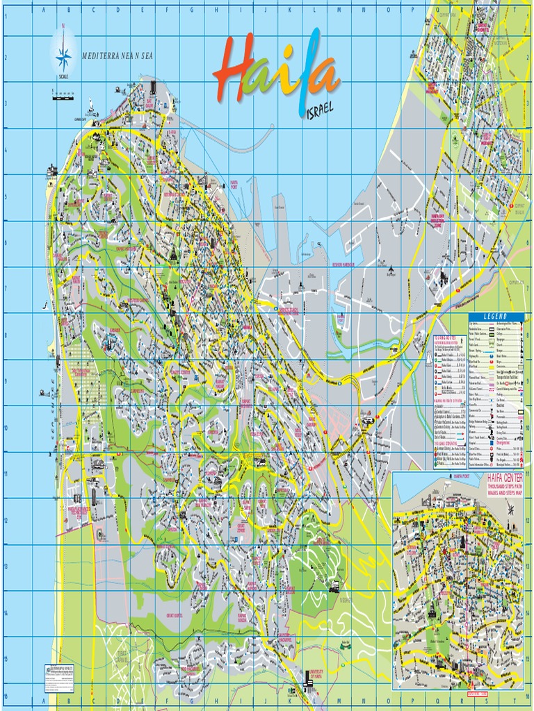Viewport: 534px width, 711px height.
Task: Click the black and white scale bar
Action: coord(63,97)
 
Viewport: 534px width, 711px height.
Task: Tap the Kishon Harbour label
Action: coord(343,265)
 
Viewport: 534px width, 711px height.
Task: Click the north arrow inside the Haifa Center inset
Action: coord(512,510)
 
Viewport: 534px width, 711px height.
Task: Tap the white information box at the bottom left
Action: coord(59,664)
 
